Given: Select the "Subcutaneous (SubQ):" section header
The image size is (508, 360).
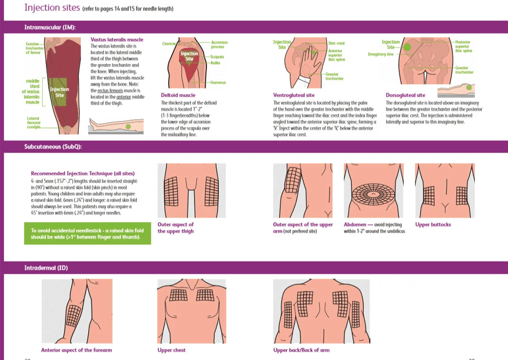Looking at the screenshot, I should pos(53,147).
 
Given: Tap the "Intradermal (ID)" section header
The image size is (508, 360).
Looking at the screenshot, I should pos(46,268).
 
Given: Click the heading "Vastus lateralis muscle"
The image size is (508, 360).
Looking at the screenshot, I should pos(117,40).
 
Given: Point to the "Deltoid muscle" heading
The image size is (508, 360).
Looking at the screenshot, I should pos(178,95).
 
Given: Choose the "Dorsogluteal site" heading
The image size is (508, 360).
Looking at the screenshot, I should pos(406,95).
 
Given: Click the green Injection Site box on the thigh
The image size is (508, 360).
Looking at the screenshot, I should pos(59,92).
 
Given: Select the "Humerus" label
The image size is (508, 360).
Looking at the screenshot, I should pos(218,83).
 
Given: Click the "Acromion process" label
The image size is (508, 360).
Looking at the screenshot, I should pos(219,45).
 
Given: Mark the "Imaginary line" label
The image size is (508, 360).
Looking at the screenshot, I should pos(380,54).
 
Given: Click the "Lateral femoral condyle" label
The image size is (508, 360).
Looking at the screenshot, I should pos(33,122).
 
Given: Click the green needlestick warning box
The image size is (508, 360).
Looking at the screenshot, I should pos(87,234).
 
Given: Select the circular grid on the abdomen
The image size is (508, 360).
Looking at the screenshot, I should pos(373,195).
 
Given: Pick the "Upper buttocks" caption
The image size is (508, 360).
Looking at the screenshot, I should pos(433,224).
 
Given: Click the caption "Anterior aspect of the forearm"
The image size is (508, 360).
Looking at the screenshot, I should pos(76,350).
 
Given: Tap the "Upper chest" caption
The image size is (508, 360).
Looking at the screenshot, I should pos(171,350).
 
